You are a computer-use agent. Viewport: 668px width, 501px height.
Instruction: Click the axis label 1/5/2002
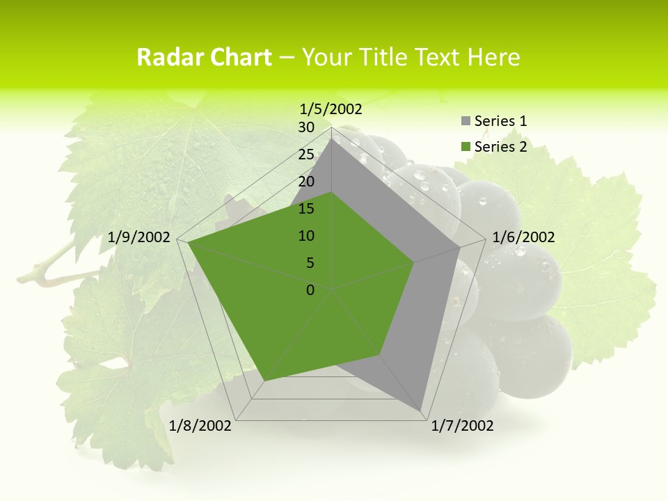pyautogui.click(x=331, y=109)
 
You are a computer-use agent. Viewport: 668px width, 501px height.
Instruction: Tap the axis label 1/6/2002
pyautogui.click(x=523, y=237)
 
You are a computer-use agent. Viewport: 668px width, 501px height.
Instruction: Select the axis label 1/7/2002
pyautogui.click(x=462, y=426)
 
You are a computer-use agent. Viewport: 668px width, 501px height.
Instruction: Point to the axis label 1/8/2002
pyautogui.click(x=200, y=426)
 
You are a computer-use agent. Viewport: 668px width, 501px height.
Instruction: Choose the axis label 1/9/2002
pyautogui.click(x=139, y=237)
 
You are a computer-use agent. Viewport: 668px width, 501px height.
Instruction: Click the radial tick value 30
pyautogui.click(x=306, y=127)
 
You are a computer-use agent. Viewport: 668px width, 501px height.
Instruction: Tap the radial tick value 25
pyautogui.click(x=306, y=154)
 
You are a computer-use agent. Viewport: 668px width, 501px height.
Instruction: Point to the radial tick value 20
pyautogui.click(x=306, y=182)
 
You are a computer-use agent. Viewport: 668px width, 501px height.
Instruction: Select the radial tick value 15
pyautogui.click(x=306, y=209)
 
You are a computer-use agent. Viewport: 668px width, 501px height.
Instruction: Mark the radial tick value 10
pyautogui.click(x=306, y=236)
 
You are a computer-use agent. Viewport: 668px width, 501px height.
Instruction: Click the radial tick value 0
pyautogui.click(x=310, y=290)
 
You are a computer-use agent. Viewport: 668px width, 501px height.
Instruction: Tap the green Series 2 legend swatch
pyautogui.click(x=466, y=147)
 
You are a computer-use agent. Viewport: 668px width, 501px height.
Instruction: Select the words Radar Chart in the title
pyautogui.click(x=204, y=58)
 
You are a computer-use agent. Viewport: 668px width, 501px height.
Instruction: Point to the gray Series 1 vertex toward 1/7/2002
pyautogui.click(x=420, y=411)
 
